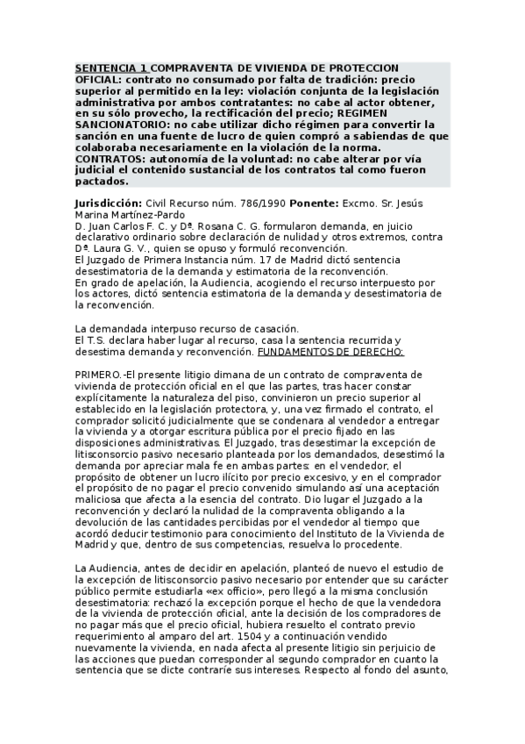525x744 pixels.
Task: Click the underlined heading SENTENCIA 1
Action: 111,68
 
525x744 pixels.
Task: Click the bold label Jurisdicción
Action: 108,203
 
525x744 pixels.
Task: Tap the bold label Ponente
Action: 318,203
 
